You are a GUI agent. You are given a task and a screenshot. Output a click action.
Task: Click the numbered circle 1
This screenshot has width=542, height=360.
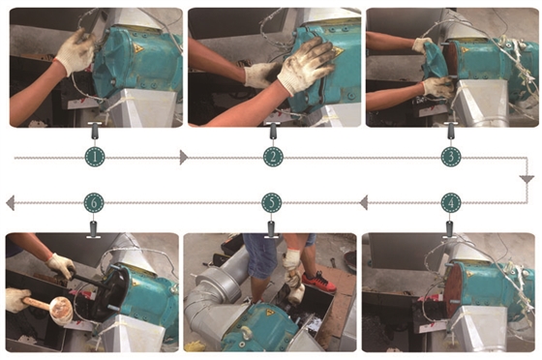click(x=95, y=157)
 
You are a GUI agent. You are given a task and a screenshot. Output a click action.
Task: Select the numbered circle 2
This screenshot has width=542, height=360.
click(x=273, y=157)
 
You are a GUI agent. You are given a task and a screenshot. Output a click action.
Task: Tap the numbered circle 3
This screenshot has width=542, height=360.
click(x=451, y=157)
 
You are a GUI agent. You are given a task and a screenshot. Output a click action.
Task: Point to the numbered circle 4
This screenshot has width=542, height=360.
click(x=451, y=203)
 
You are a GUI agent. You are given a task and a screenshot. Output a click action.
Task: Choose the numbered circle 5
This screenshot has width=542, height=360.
click(x=272, y=203)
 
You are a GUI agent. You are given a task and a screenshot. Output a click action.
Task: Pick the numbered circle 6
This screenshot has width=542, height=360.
click(x=94, y=203)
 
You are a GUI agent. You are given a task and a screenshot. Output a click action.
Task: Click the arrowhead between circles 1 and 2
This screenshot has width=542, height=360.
click(x=184, y=158)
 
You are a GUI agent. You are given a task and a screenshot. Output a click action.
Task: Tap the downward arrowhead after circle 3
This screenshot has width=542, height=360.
click(x=527, y=180)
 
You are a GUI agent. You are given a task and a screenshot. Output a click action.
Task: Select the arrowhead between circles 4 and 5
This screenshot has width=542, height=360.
click(x=363, y=203)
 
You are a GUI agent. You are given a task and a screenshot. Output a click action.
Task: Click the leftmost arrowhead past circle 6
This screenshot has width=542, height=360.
click(x=10, y=203)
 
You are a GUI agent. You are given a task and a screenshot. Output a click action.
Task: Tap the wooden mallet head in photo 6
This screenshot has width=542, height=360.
click(x=61, y=311)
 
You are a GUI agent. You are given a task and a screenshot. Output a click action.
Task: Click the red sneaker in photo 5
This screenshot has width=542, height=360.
click(x=318, y=282)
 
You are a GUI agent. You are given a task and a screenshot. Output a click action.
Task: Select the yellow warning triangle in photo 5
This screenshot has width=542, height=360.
click(x=269, y=313)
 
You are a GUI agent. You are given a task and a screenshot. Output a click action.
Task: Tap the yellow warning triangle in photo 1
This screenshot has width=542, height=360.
click(x=139, y=48)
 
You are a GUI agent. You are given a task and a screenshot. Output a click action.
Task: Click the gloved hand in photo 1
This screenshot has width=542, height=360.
click(x=76, y=52)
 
